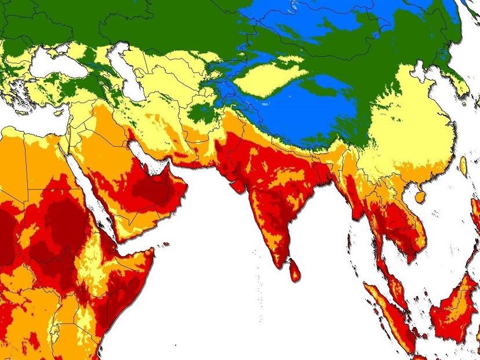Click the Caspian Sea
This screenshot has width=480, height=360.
point(132,75)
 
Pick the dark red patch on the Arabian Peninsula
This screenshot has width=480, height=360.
point(157,188)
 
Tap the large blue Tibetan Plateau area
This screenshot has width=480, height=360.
point(301,116)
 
